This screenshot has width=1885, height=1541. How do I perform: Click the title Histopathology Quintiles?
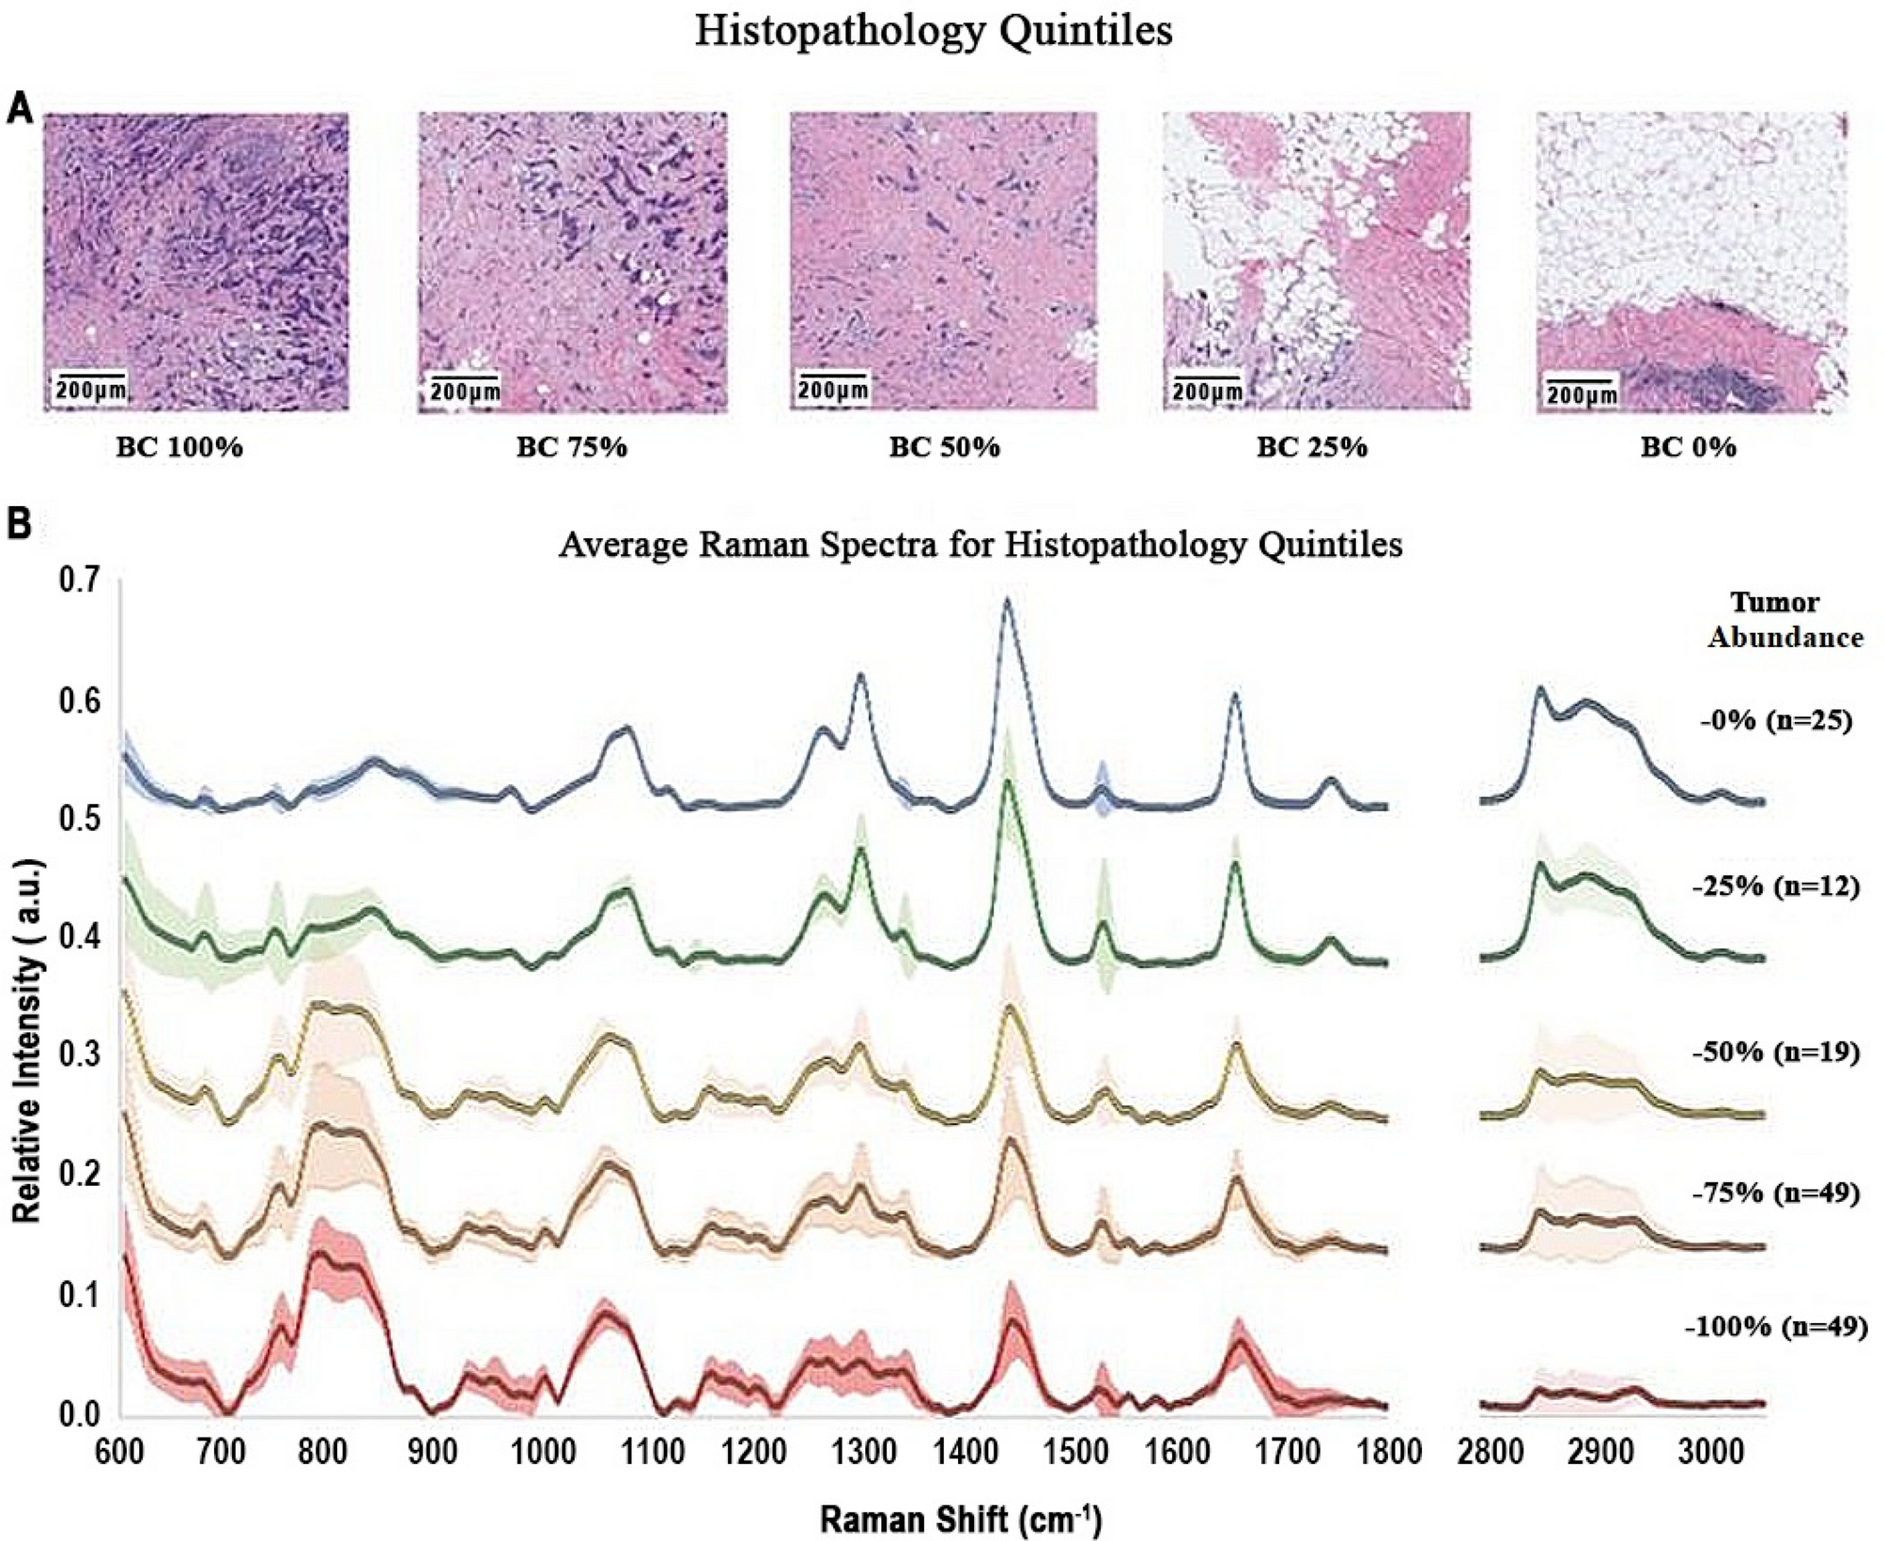pos(933,32)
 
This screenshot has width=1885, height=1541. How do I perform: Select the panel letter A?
pos(20,111)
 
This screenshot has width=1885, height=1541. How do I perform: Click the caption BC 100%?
pos(179,447)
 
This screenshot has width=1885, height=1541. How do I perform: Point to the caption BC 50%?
pos(944,447)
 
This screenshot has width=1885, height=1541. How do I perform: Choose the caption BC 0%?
pos(1688,447)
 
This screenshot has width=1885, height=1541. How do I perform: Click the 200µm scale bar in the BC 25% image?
pos(1206,389)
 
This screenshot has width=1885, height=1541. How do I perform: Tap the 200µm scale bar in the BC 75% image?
pos(463,388)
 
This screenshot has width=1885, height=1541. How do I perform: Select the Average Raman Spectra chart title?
pos(980,546)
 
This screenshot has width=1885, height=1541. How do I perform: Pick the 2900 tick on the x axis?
pos(1601,1452)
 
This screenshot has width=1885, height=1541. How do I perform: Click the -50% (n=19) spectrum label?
pos(1776,1052)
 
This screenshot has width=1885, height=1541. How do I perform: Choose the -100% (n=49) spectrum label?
pos(1776,1327)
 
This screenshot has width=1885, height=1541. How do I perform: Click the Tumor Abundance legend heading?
pos(1785,620)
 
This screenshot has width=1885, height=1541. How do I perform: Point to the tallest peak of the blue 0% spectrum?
pos(1007,600)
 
